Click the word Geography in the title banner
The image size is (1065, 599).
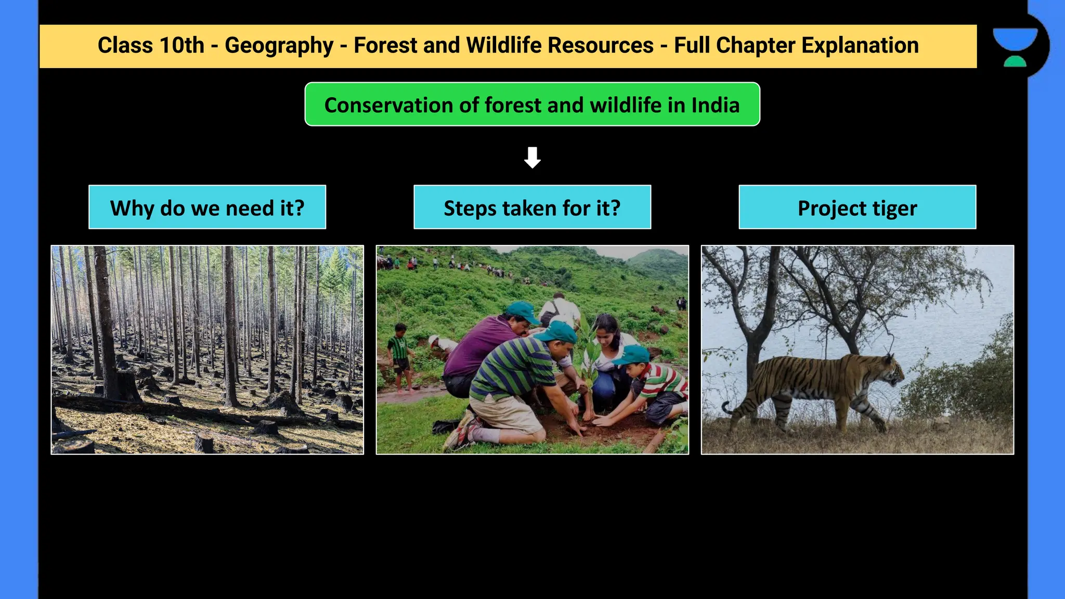(x=279, y=46)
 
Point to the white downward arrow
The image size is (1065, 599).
(x=532, y=157)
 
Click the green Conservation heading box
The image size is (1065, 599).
(x=532, y=105)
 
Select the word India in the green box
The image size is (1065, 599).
(x=715, y=105)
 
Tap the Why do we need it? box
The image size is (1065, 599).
(x=207, y=207)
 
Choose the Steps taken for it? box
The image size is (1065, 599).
(x=532, y=207)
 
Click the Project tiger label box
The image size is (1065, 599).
(x=857, y=207)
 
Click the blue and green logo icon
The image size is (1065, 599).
(x=1016, y=47)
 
